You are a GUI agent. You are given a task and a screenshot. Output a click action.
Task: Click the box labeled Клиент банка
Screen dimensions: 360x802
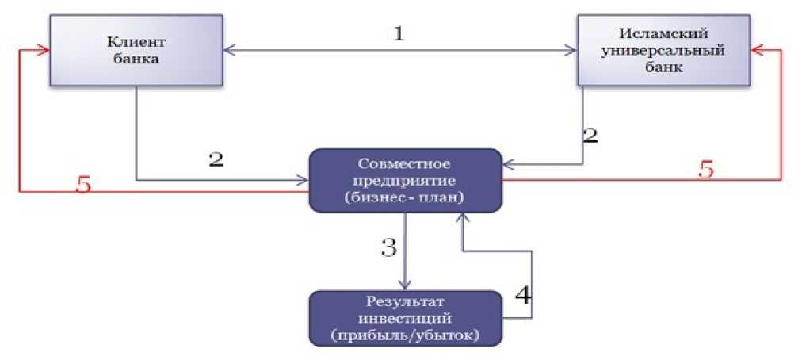click(137, 50)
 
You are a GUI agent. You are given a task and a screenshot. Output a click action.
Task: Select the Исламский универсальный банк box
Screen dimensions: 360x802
click(663, 50)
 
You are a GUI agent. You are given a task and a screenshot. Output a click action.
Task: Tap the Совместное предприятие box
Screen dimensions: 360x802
click(405, 180)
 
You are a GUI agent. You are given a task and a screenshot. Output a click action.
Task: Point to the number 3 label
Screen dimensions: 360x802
click(388, 247)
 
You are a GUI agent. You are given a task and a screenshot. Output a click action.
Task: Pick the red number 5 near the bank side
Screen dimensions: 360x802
click(705, 170)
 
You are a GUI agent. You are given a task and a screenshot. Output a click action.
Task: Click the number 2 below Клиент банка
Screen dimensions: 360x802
click(216, 159)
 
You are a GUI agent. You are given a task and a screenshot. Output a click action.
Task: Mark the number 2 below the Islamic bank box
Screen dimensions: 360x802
click(590, 135)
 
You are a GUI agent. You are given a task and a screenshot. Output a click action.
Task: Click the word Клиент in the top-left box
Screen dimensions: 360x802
click(136, 41)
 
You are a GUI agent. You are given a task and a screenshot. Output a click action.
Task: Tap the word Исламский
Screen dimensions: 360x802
click(664, 33)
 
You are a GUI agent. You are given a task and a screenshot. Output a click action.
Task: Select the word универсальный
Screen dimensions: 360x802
click(664, 50)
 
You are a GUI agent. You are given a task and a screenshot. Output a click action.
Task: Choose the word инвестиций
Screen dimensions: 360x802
click(405, 318)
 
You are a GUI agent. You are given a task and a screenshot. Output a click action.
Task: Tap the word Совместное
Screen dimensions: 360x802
click(405, 164)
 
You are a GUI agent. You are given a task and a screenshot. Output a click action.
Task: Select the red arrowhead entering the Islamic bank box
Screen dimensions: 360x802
click(757, 50)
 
